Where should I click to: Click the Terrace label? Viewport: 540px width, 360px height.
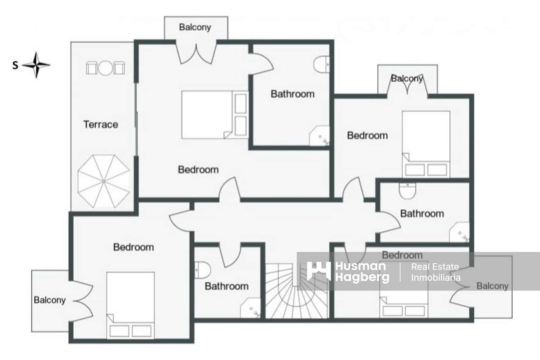(101, 125)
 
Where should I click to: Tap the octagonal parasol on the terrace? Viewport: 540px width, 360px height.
(104, 181)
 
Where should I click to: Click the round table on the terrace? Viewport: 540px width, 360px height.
(105, 68)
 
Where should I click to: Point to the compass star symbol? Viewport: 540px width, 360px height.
(37, 65)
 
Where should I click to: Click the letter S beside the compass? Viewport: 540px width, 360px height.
(15, 65)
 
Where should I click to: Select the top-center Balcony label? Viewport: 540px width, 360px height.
(195, 27)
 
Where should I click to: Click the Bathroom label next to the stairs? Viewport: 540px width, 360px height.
(226, 286)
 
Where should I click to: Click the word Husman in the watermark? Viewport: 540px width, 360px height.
(360, 266)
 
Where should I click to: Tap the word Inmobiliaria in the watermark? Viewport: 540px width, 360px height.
(435, 278)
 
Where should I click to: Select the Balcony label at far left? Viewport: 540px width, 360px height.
(50, 300)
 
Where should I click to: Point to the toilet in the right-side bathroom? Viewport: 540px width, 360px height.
(407, 191)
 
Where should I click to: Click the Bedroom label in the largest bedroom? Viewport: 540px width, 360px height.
(198, 170)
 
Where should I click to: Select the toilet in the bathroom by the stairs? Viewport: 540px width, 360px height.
(203, 269)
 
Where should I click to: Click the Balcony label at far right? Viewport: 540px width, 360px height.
(492, 286)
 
